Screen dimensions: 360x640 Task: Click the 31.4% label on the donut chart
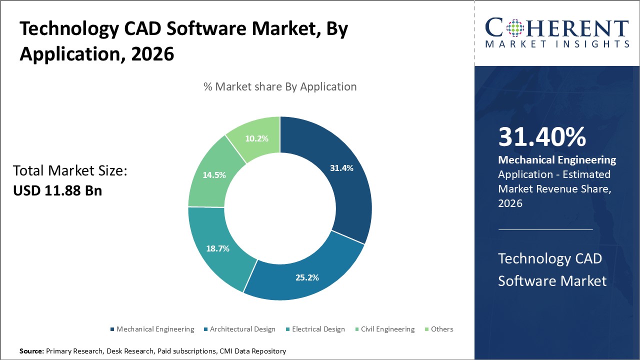coord(341,168)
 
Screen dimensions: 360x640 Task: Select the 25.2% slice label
coord(307,277)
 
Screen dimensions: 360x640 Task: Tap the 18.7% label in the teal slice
coord(217,248)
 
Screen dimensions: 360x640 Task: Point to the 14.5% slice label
coord(214,175)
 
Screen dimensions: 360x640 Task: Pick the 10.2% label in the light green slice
coord(257,138)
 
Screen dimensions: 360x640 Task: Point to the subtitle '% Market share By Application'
coord(280,86)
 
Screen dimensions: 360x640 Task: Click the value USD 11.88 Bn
coord(57,190)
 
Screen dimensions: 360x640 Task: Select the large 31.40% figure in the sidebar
coord(541,137)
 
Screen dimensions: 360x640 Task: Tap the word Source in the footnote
coord(31,351)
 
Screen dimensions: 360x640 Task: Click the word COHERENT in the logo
coord(556,28)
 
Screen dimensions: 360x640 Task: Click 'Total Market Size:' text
coord(70,171)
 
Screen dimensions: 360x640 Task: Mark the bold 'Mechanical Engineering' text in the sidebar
coord(557,160)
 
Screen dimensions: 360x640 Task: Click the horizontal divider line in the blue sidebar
coord(545,229)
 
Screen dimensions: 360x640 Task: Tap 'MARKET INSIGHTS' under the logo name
coord(557,44)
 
